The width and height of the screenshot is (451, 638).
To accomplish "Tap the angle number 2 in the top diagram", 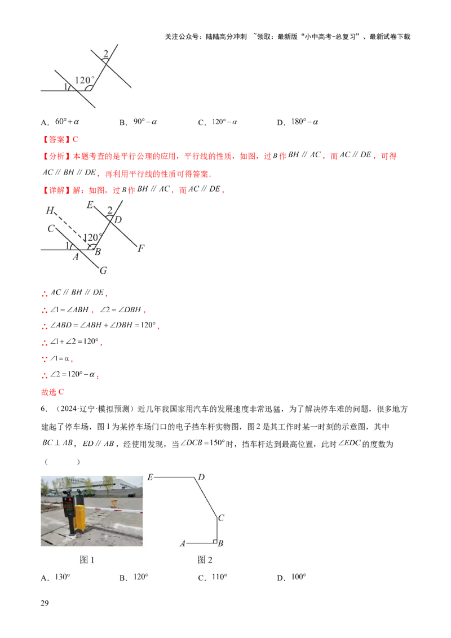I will click(105, 54).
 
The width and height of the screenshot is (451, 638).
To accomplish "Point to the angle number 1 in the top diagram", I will click(65, 86).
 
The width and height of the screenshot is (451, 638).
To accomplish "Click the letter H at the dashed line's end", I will click(50, 211).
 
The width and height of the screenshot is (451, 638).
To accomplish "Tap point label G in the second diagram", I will click(103, 271).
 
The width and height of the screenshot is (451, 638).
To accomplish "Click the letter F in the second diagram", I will click(140, 248).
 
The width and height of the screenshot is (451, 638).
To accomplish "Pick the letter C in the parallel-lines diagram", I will click(51, 228).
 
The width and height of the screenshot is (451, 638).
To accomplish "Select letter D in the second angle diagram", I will click(118, 220).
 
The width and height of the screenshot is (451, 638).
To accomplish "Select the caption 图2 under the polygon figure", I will click(205, 560).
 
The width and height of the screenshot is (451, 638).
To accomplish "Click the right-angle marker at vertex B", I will click(215, 540).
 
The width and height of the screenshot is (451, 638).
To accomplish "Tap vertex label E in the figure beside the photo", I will click(150, 477).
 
